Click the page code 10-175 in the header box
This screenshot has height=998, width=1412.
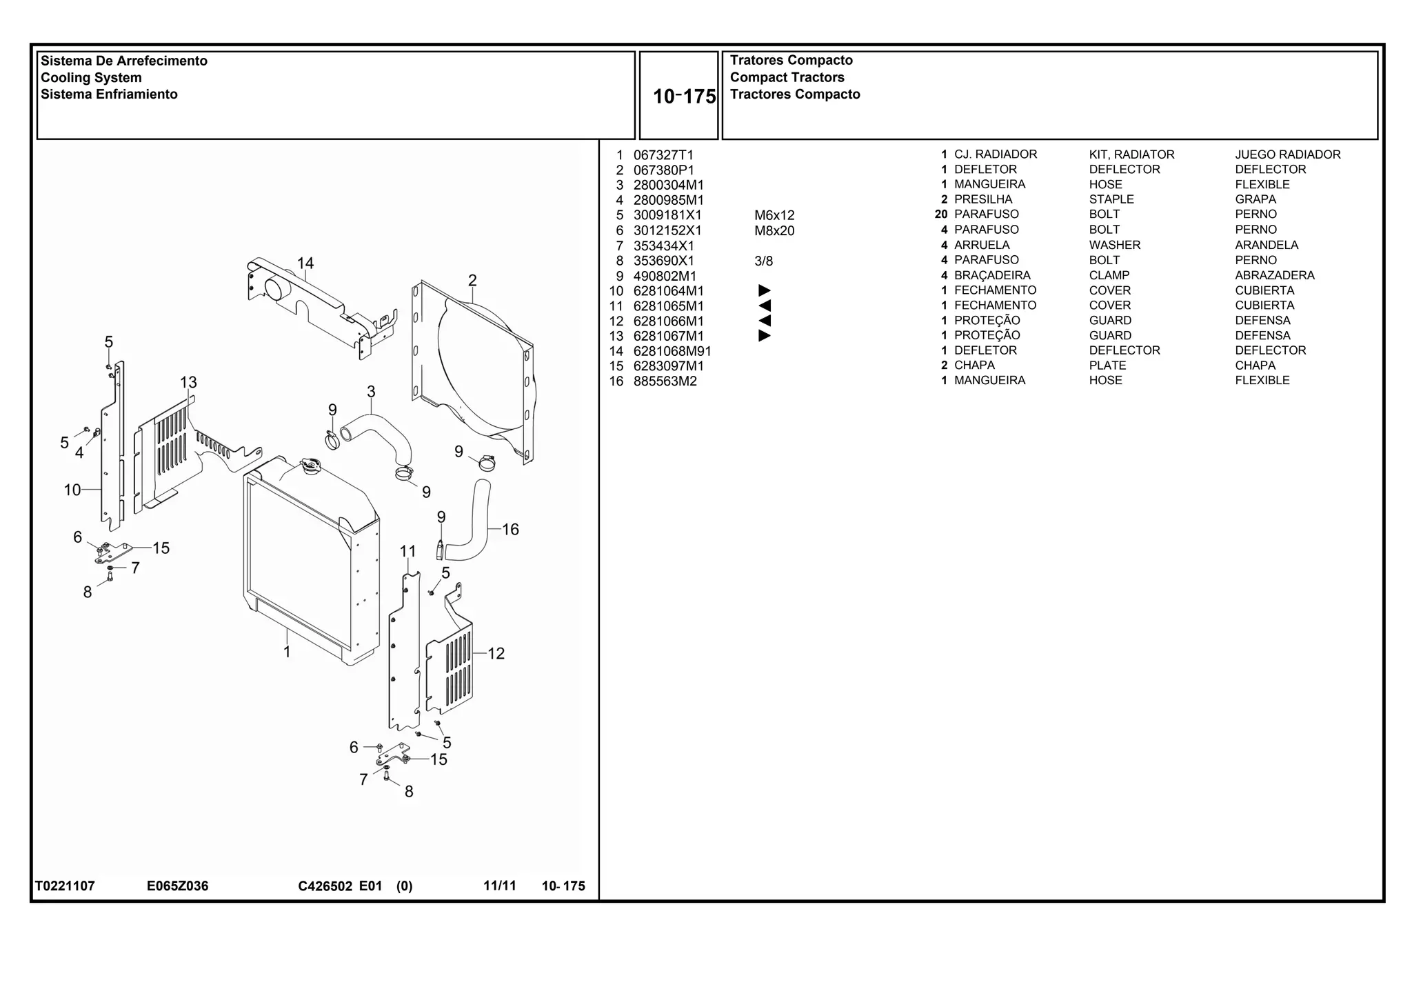tap(684, 97)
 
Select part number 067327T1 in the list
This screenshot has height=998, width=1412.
tap(663, 155)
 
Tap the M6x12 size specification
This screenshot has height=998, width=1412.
tap(774, 215)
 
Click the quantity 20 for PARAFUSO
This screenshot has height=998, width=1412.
tap(941, 214)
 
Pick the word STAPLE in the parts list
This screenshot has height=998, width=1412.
tap(1111, 199)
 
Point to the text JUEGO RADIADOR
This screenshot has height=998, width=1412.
tap(1287, 154)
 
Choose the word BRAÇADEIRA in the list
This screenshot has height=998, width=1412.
tap(992, 275)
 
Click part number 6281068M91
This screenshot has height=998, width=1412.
tap(672, 351)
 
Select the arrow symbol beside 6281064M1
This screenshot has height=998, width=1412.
tap(764, 291)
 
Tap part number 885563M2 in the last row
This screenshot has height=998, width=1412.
tap(665, 381)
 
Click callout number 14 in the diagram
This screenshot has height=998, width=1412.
tap(305, 263)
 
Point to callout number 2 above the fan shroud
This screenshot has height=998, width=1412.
tap(472, 281)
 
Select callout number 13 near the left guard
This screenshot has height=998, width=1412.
tap(188, 383)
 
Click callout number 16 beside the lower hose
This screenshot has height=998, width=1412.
tap(510, 530)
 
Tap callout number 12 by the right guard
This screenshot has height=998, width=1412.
tap(496, 654)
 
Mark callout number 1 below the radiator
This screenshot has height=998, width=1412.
tap(287, 652)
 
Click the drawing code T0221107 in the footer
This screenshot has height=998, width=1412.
tap(65, 886)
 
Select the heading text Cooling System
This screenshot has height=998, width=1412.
tap(91, 78)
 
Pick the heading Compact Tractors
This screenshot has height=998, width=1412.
tap(787, 77)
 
